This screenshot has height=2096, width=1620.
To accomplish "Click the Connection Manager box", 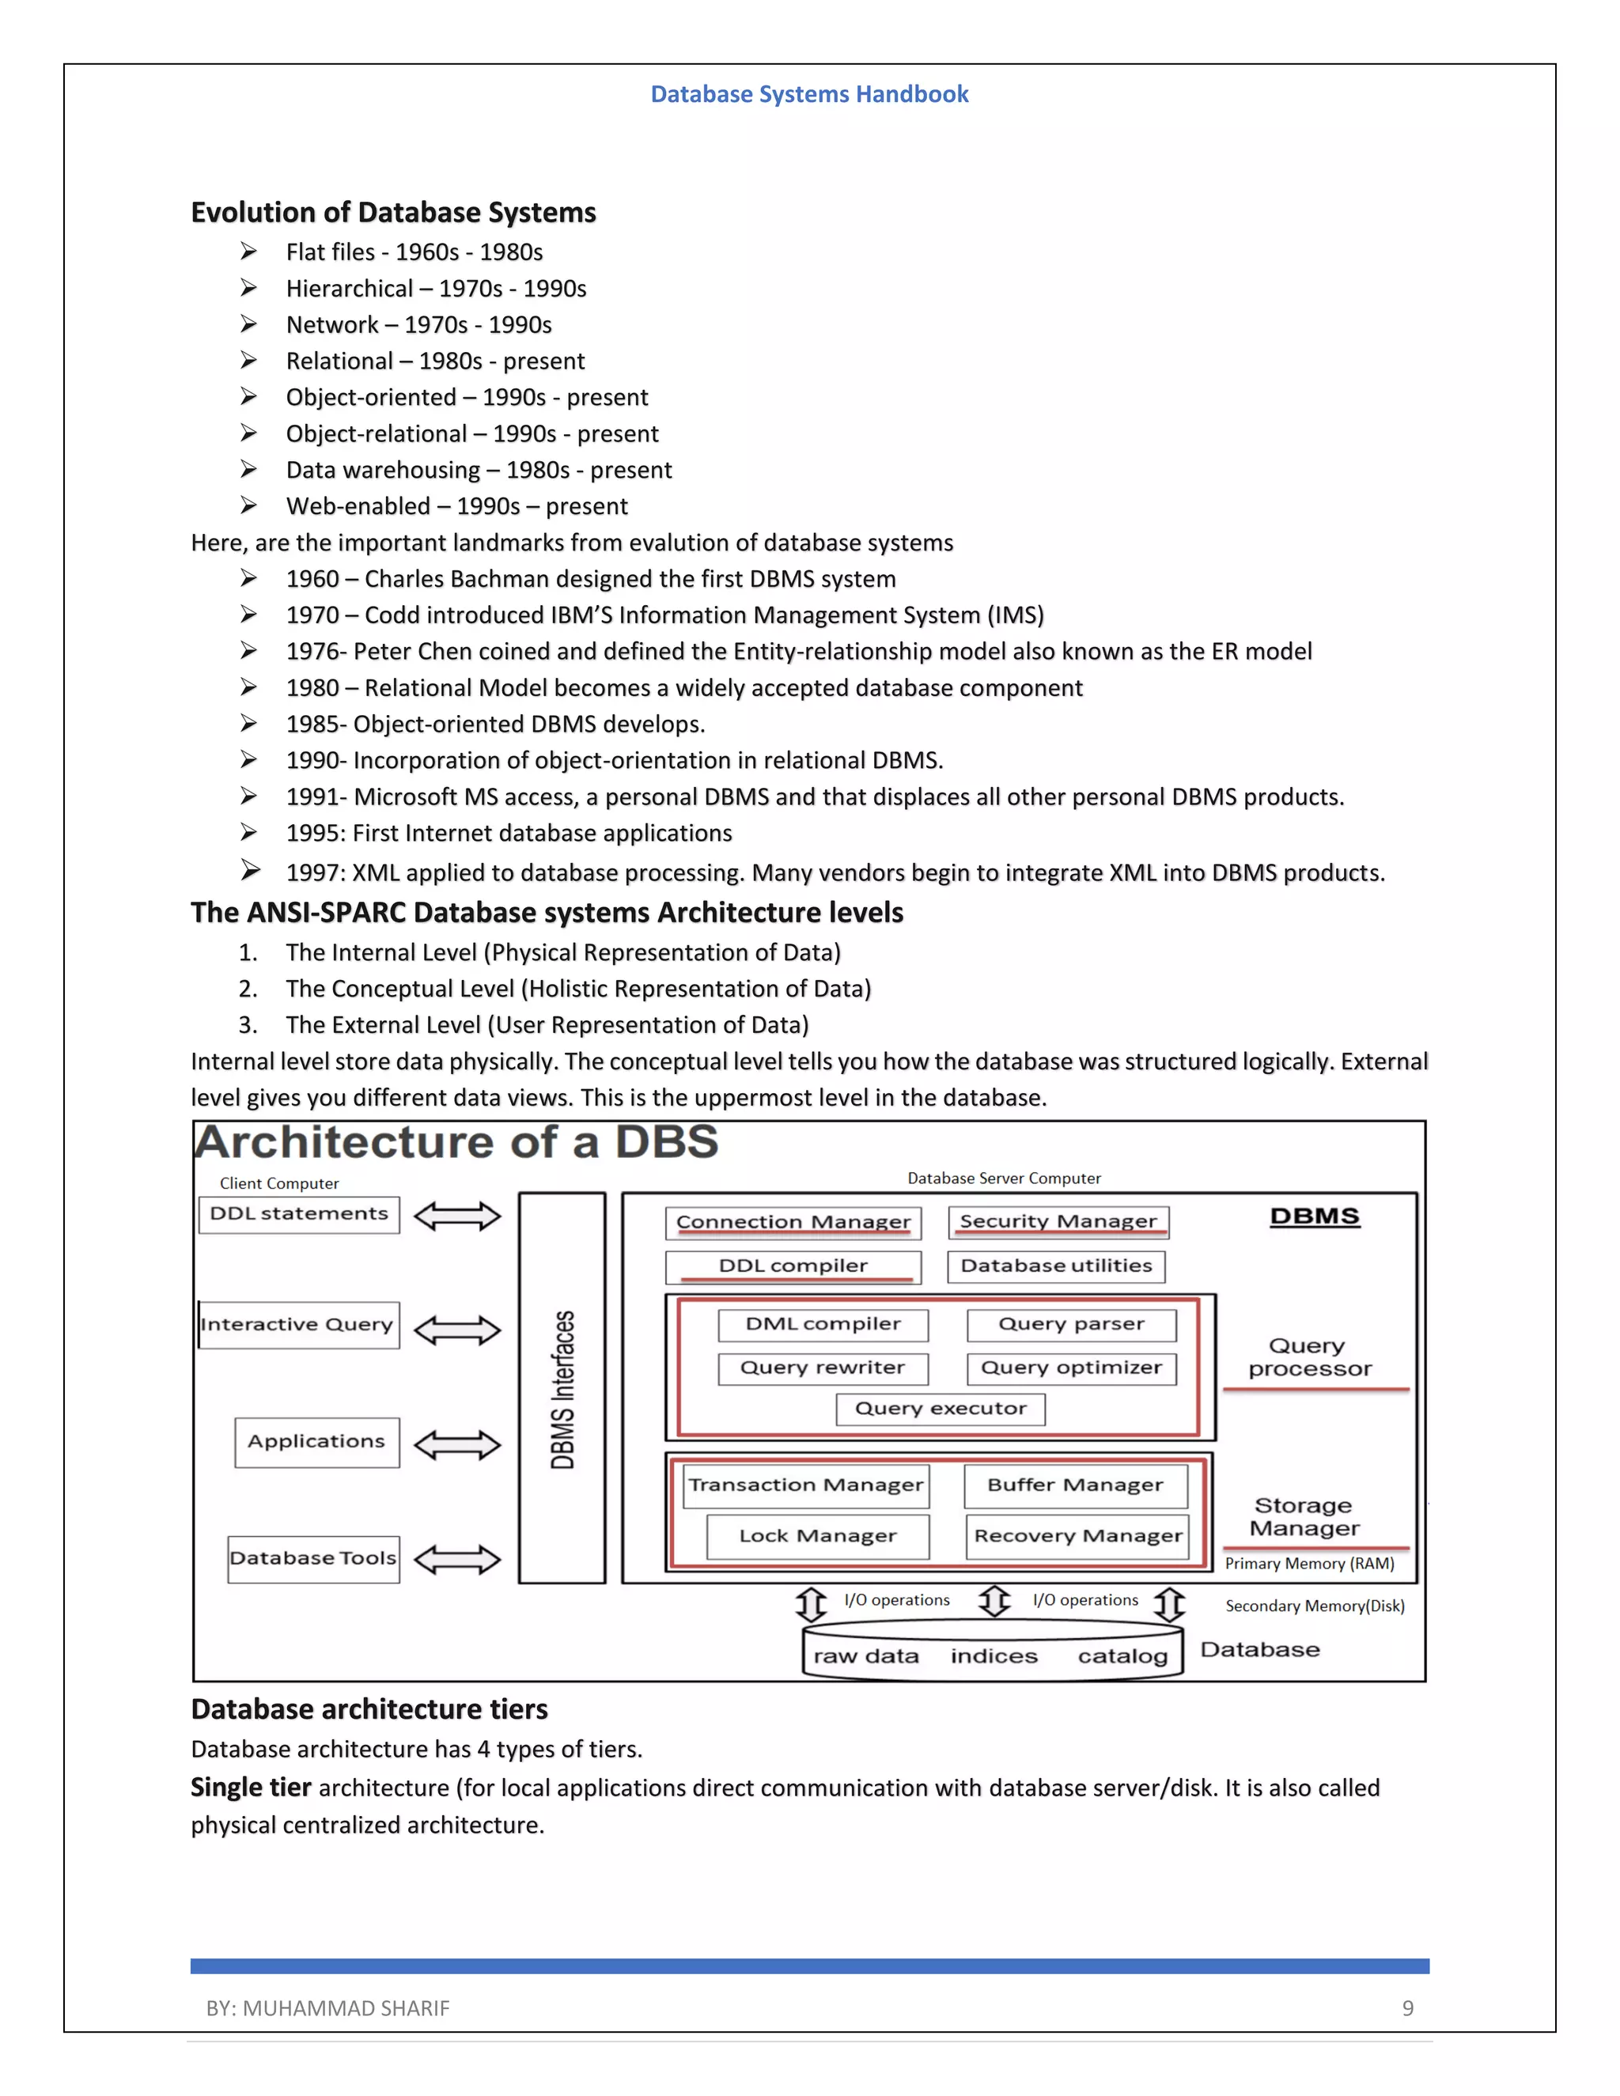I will pos(793,1223).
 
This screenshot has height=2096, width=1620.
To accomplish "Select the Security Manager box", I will pos(1058,1222).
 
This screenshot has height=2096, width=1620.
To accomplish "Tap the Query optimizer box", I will pos(1071,1368).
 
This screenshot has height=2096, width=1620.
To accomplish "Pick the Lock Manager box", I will pos(818,1537).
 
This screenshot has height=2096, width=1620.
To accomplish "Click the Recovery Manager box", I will pos(1078,1537).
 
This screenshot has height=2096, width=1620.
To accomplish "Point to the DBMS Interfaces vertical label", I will pos(562,1389).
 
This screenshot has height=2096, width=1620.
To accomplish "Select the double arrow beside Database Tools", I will pos(457,1560).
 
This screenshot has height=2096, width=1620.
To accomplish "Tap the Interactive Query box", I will pos(298,1326).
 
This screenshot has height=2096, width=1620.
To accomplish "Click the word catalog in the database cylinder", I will pos(1122,1656).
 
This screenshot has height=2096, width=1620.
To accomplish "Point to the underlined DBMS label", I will pos(1314,1217).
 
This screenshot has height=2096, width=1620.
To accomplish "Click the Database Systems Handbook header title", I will pos(809,94).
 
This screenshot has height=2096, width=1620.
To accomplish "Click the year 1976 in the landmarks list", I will pos(312,652).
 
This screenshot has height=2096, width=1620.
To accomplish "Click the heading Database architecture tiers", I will pos(369,1709).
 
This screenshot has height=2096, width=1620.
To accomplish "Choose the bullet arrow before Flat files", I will pos(248,252).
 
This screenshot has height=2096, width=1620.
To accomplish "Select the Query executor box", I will pos(940,1409).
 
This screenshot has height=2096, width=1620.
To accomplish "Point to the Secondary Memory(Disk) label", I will pos(1314,1606).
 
